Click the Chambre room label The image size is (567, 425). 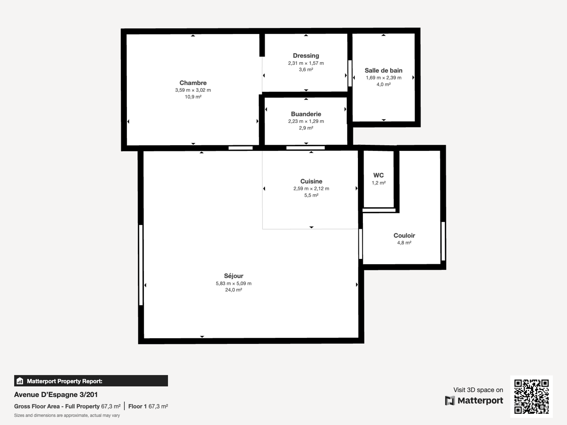tap(193, 83)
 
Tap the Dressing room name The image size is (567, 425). tap(306, 56)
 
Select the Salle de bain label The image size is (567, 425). tap(383, 71)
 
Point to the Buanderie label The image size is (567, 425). tap(306, 114)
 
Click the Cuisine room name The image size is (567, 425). tap(311, 181)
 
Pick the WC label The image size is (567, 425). tap(379, 175)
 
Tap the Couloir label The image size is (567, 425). tap(404, 236)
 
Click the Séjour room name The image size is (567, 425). tap(234, 276)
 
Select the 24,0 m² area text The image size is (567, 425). tap(234, 290)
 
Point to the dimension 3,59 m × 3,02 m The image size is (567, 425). tap(193, 90)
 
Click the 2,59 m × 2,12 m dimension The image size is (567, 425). tap(311, 189)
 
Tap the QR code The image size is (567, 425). tap(532, 397)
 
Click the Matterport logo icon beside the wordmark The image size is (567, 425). tap(450, 401)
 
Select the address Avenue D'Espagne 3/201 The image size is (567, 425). tap(56, 395)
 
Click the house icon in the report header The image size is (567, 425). tap(20, 381)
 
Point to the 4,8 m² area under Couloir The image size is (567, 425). tap(404, 243)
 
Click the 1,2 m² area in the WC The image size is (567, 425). tap(379, 183)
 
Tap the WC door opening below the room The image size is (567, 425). tap(379, 210)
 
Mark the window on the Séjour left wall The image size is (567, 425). tap(141, 265)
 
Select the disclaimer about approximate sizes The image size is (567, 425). tap(67, 415)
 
